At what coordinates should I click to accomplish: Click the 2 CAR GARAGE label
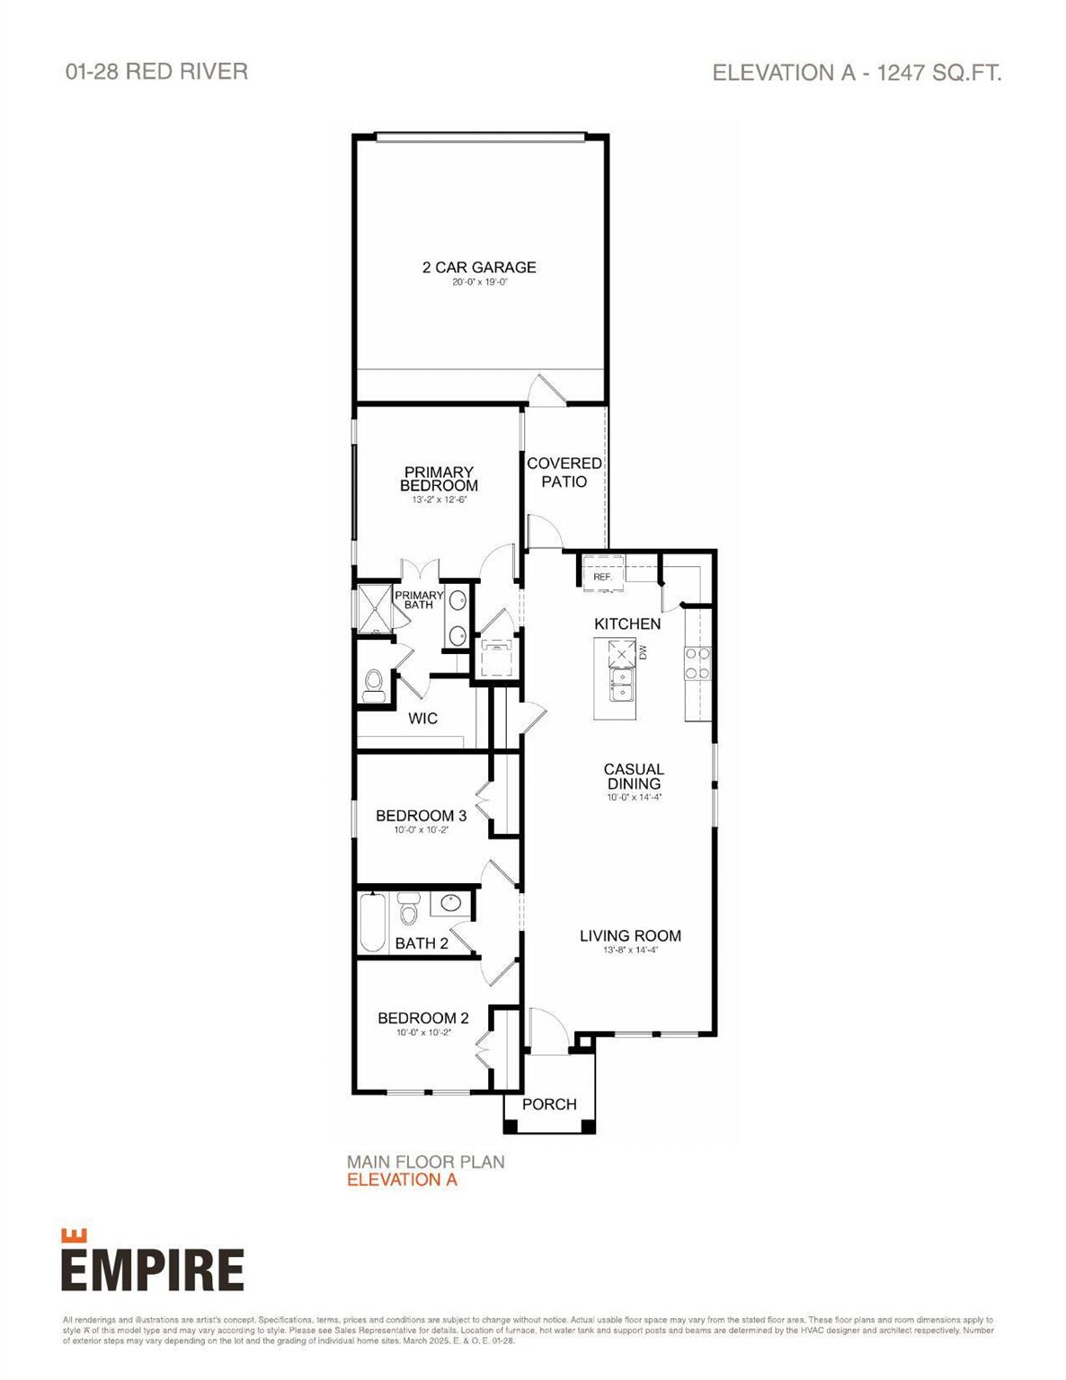point(479,267)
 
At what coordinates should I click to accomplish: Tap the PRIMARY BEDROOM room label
point(439,478)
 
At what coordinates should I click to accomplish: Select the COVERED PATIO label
point(564,472)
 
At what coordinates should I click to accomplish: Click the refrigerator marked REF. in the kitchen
point(602,573)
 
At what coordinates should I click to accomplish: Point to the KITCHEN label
point(627,624)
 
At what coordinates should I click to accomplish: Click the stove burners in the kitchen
point(697,662)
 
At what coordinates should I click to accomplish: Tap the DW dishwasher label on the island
point(643,652)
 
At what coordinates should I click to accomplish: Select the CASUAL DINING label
point(634,776)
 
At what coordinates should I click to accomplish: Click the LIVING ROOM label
point(630,935)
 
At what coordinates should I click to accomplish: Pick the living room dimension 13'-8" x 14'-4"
point(630,951)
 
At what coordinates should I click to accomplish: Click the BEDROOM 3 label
point(421,816)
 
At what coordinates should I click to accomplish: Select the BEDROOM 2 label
point(422,1018)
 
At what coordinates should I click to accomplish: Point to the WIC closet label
point(422,718)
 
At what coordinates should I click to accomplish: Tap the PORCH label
point(549,1104)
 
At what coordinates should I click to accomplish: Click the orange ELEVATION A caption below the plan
point(402,1180)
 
